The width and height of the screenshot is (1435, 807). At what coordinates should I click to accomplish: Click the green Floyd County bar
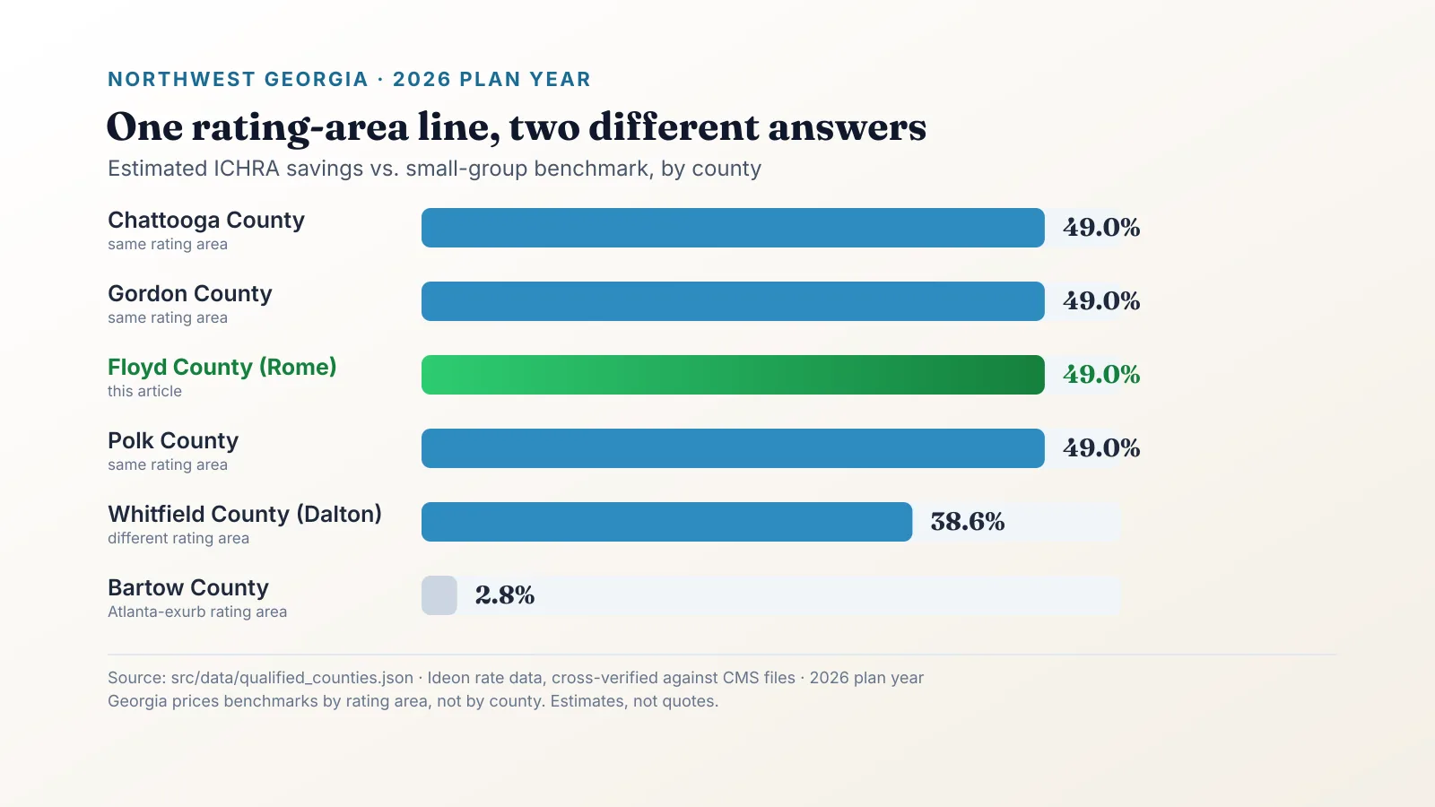[x=733, y=375]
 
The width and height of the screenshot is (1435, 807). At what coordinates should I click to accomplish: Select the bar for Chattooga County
[x=733, y=228]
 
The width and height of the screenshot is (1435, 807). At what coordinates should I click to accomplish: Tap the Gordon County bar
[x=733, y=301]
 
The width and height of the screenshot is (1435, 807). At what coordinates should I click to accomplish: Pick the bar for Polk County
[x=733, y=448]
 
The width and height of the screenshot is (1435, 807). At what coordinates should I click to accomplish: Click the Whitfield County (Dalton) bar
[x=667, y=522]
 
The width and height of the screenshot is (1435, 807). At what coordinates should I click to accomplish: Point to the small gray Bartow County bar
[x=439, y=595]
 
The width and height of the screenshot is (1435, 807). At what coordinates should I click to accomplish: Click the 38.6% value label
[x=968, y=522]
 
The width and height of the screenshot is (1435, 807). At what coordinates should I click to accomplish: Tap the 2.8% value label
[x=505, y=595]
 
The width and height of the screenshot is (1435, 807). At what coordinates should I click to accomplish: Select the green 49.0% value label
[x=1101, y=375]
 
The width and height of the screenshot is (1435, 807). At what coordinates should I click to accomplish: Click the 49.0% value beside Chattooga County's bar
[x=1101, y=228]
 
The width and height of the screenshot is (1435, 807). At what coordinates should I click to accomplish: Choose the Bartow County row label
[x=188, y=587]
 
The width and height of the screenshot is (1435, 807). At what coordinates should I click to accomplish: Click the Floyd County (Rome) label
[x=222, y=367]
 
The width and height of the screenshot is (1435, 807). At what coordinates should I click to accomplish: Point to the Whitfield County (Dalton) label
[x=245, y=515]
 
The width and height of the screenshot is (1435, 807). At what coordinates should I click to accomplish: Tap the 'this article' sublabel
[x=144, y=391]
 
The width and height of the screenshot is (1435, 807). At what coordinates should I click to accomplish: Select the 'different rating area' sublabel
[x=178, y=538]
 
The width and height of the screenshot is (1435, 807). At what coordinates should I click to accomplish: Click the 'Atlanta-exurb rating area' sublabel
[x=197, y=612]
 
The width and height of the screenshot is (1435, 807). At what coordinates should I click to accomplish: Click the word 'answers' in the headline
[x=847, y=127]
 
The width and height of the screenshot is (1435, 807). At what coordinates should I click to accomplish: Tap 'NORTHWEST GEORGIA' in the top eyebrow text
[x=239, y=80]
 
